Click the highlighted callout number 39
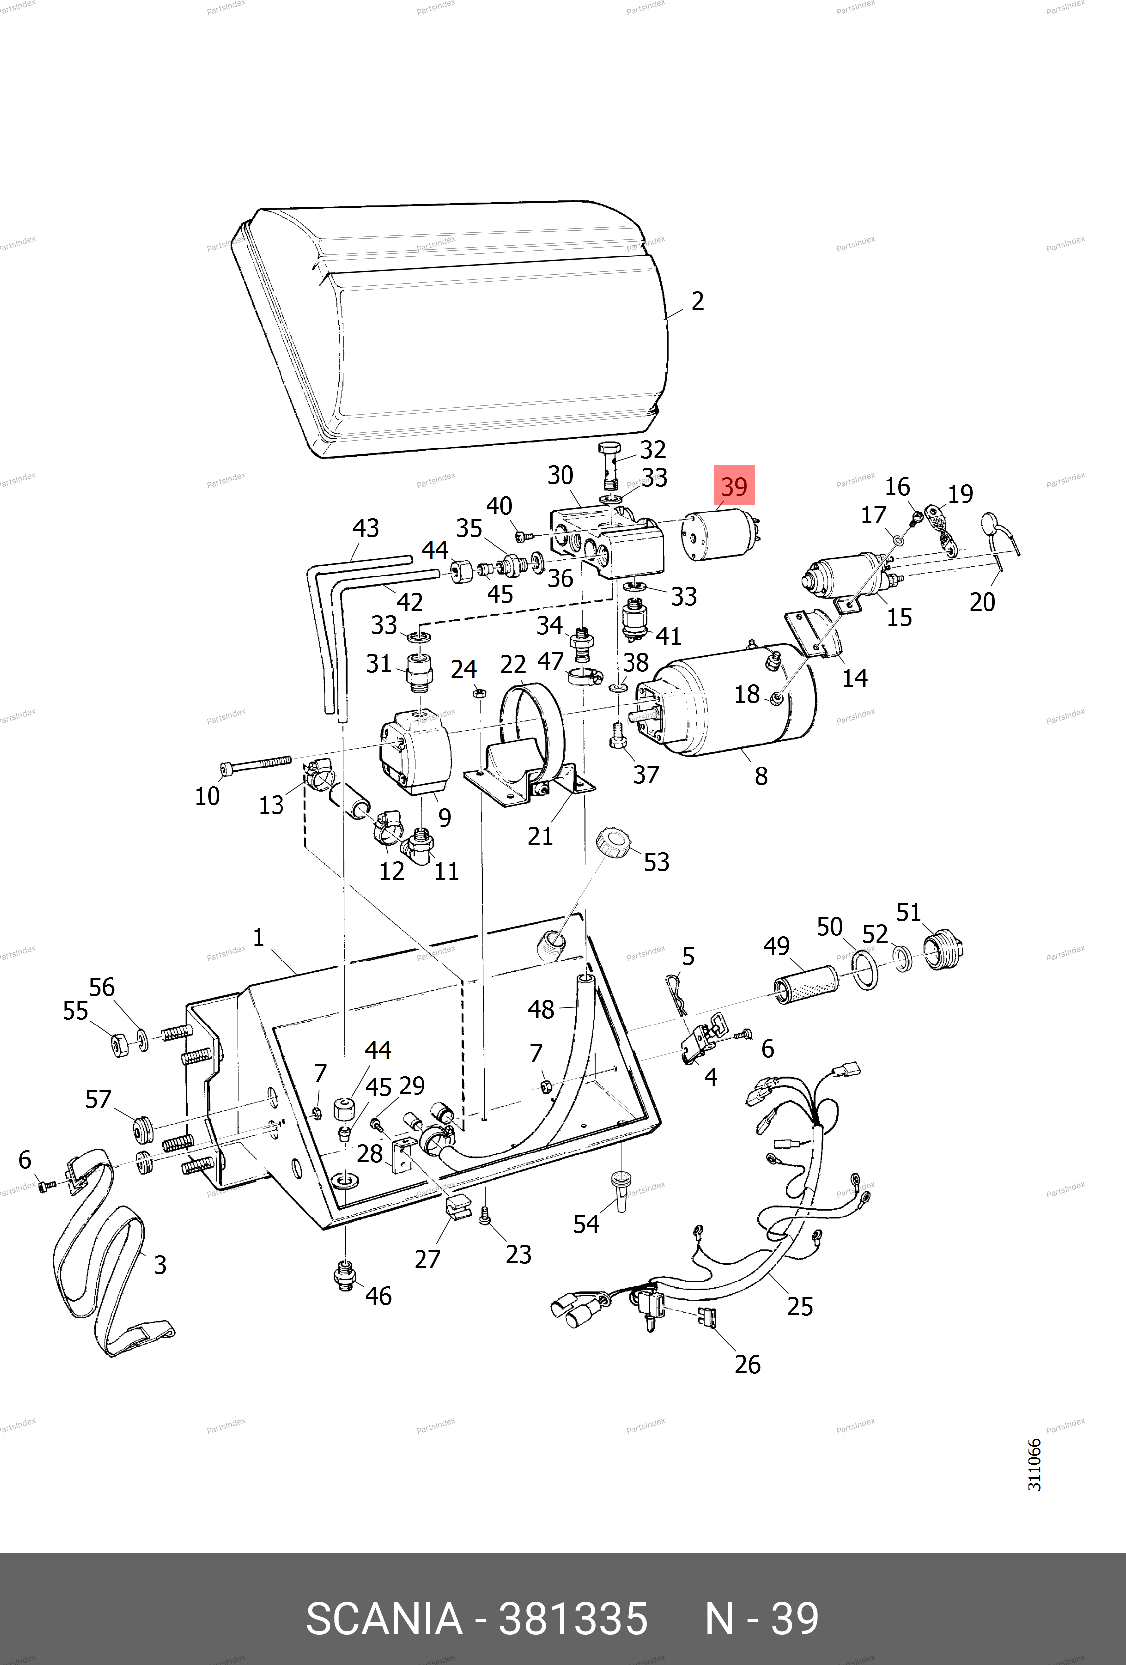point(734,487)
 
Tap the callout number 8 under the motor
point(761,776)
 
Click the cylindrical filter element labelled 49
point(806,984)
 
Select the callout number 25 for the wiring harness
point(800,1306)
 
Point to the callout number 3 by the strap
point(160,1265)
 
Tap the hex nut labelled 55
point(120,1044)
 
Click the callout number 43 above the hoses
point(365,528)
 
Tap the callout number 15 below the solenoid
point(899,617)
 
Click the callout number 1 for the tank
point(258,936)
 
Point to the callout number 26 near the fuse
point(747,1364)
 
